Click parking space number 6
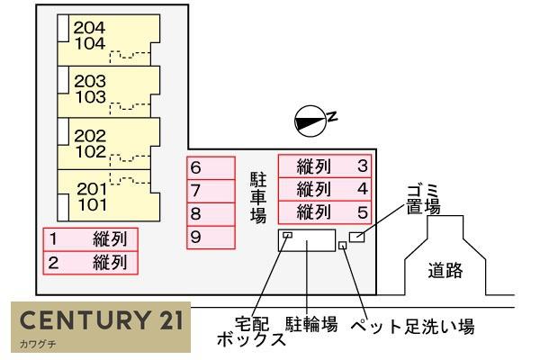pyautogui.click(x=211, y=167)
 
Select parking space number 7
pyautogui.click(x=211, y=191)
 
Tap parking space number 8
pyautogui.click(x=211, y=214)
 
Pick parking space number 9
pyautogui.click(x=211, y=238)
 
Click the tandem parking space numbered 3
pyautogui.click(x=324, y=166)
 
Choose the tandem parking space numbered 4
pyautogui.click(x=324, y=190)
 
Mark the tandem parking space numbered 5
pyautogui.click(x=324, y=213)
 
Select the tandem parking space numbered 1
pyautogui.click(x=91, y=239)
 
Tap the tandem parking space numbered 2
pyautogui.click(x=91, y=264)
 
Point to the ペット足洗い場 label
pyautogui.click(x=411, y=325)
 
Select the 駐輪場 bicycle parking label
pyautogui.click(x=311, y=324)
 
